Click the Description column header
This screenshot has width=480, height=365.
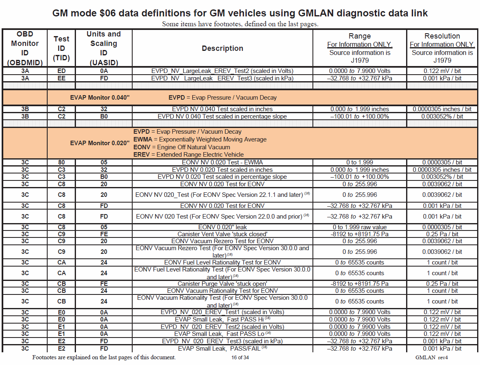(222, 48)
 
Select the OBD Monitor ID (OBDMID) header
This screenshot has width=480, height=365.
(25, 48)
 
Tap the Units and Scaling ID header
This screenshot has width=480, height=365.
(103, 48)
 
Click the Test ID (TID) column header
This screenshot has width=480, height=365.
(61, 48)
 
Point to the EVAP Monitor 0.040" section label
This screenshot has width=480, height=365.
(100, 98)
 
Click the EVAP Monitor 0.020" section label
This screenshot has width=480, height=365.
(100, 143)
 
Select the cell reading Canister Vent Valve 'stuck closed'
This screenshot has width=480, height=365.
(222, 234)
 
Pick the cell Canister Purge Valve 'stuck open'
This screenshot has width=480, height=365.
(222, 284)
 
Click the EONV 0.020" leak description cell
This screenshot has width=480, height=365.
(222, 227)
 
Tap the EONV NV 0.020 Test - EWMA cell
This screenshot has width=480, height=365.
(222, 162)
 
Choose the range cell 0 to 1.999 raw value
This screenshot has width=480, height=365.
(360, 227)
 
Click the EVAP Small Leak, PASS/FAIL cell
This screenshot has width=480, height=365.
(222, 349)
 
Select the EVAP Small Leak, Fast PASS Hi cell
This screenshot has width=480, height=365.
(222, 319)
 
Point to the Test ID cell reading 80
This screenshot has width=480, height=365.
(61, 162)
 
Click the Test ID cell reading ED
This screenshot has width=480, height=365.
(61, 71)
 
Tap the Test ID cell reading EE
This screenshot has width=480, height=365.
(61, 78)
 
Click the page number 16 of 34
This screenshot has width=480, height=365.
(240, 358)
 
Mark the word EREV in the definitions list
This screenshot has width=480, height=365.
(140, 155)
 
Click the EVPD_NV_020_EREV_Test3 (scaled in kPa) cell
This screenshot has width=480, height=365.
(222, 341)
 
